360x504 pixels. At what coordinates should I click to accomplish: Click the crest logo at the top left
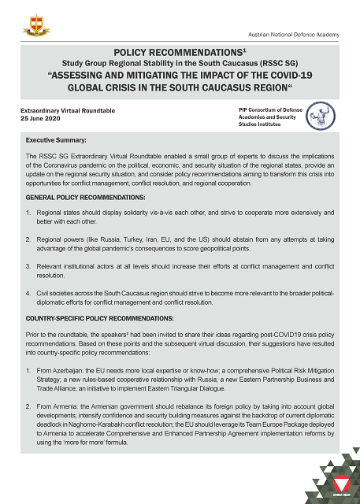[x=35, y=20]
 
